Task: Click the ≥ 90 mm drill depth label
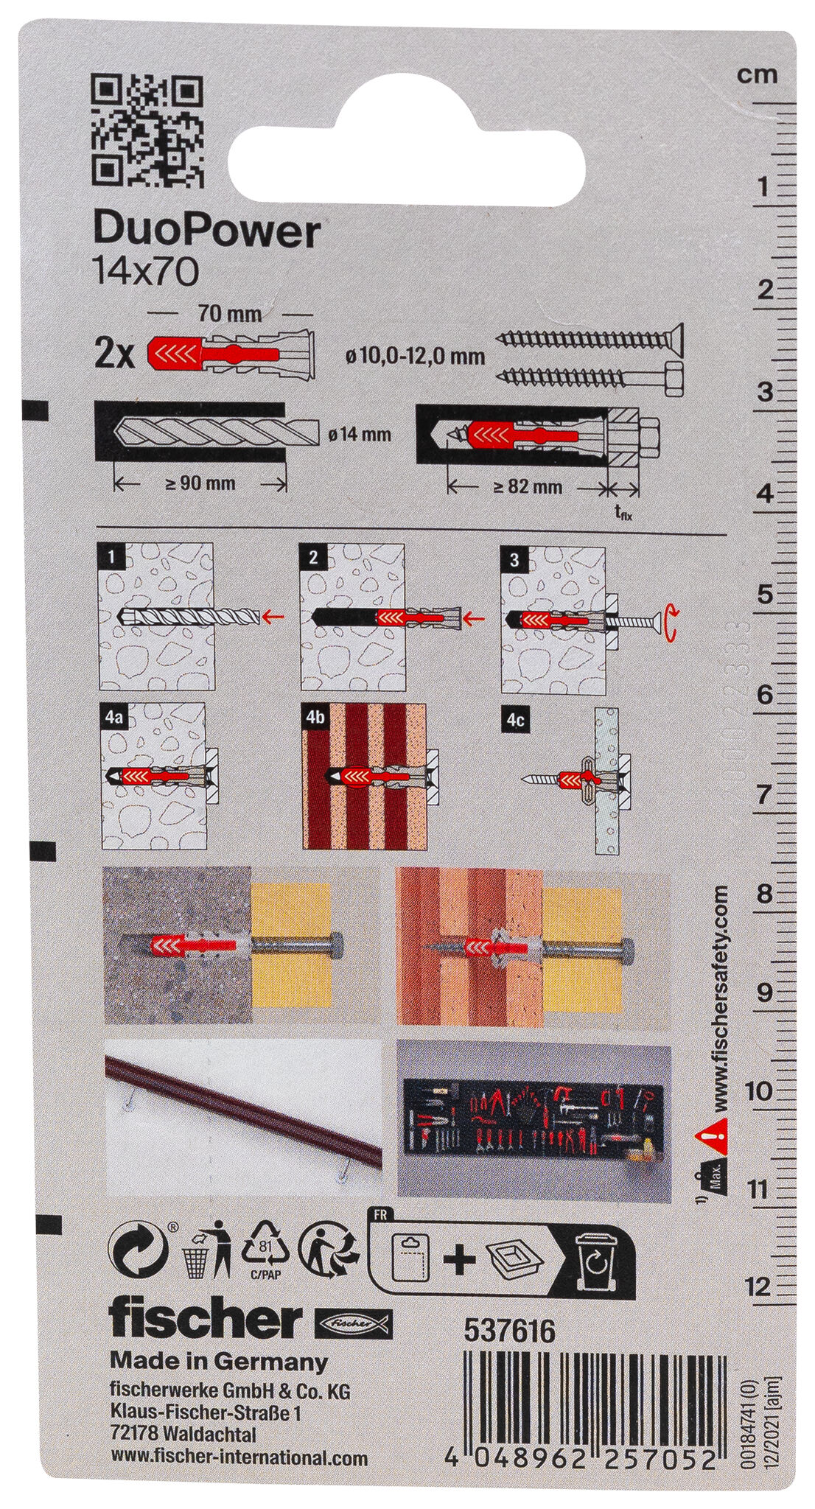(x=201, y=483)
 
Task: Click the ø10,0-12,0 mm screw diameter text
(x=415, y=357)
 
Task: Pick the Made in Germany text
(x=219, y=1361)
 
